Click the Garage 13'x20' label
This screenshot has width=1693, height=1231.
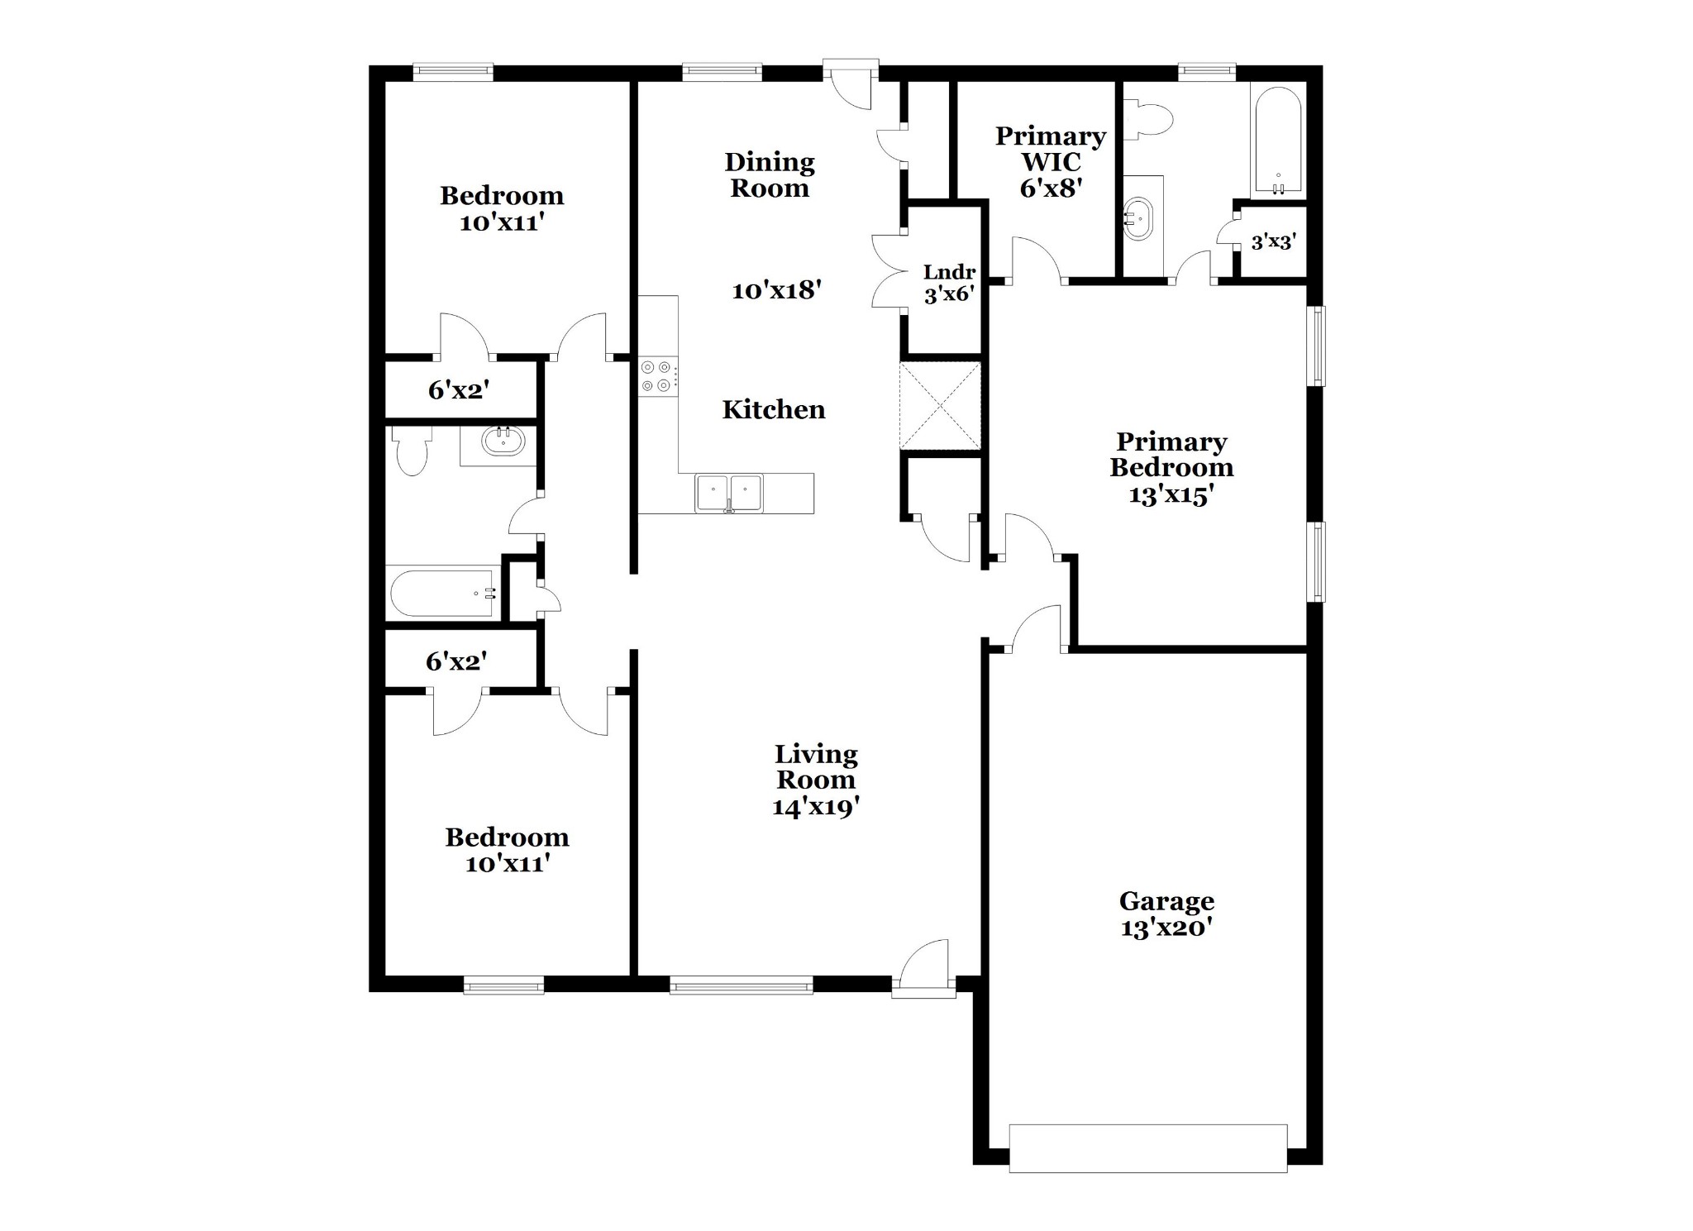pyautogui.click(x=1166, y=914)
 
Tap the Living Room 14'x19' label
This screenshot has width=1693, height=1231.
pyautogui.click(x=816, y=780)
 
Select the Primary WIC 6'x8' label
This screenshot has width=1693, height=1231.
pyautogui.click(x=1051, y=162)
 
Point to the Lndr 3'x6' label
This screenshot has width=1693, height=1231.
pyautogui.click(x=949, y=283)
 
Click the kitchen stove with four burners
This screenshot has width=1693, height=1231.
pyautogui.click(x=658, y=376)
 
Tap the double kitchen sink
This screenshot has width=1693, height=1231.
pyautogui.click(x=728, y=494)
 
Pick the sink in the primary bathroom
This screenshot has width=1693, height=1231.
pyautogui.click(x=1139, y=218)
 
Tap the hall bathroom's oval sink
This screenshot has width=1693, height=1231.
pyautogui.click(x=503, y=443)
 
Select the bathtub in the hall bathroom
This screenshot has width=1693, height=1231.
pyautogui.click(x=442, y=592)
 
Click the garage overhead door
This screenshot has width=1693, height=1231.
pyautogui.click(x=1148, y=1148)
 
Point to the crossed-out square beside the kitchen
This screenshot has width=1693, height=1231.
pyautogui.click(x=940, y=406)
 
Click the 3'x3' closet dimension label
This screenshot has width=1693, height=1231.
pyautogui.click(x=1273, y=242)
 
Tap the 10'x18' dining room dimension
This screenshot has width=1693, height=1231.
pyautogui.click(x=776, y=290)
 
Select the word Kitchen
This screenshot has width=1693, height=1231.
pyautogui.click(x=774, y=409)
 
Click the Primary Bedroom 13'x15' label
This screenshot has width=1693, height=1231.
pyautogui.click(x=1171, y=468)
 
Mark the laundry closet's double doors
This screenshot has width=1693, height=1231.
pyautogui.click(x=889, y=272)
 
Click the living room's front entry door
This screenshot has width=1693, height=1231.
pyautogui.click(x=924, y=964)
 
